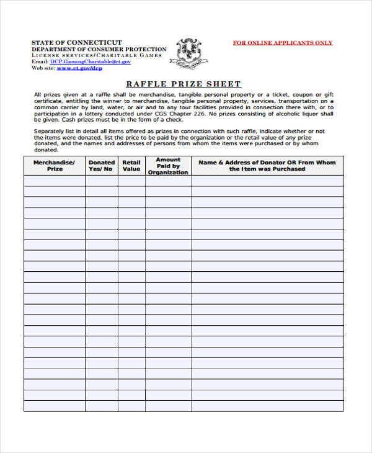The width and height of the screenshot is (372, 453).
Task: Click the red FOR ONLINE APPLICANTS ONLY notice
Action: point(282,43)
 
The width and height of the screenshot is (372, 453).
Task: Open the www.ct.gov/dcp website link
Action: point(79,68)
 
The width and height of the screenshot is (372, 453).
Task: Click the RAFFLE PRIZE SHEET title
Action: point(184,84)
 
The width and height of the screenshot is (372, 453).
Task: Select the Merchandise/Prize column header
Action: point(55,165)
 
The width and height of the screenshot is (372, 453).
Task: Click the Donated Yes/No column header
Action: point(102,165)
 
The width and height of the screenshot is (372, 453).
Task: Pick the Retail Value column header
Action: point(131,165)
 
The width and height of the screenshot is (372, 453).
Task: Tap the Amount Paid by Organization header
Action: point(168,166)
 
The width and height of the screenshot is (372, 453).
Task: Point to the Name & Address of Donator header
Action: point(267,165)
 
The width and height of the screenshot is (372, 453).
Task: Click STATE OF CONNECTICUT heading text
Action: point(77,42)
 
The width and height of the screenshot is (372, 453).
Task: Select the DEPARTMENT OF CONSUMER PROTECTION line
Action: point(99,49)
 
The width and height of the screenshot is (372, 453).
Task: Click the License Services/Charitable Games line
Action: point(96,55)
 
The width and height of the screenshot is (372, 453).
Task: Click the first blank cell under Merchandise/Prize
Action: point(55,181)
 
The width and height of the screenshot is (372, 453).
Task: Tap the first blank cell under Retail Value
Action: point(131,181)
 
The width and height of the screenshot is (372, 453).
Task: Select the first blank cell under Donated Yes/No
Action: point(102,181)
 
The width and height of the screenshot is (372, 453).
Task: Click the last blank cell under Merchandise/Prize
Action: point(55,406)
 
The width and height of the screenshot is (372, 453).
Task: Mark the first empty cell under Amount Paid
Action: point(168,181)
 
